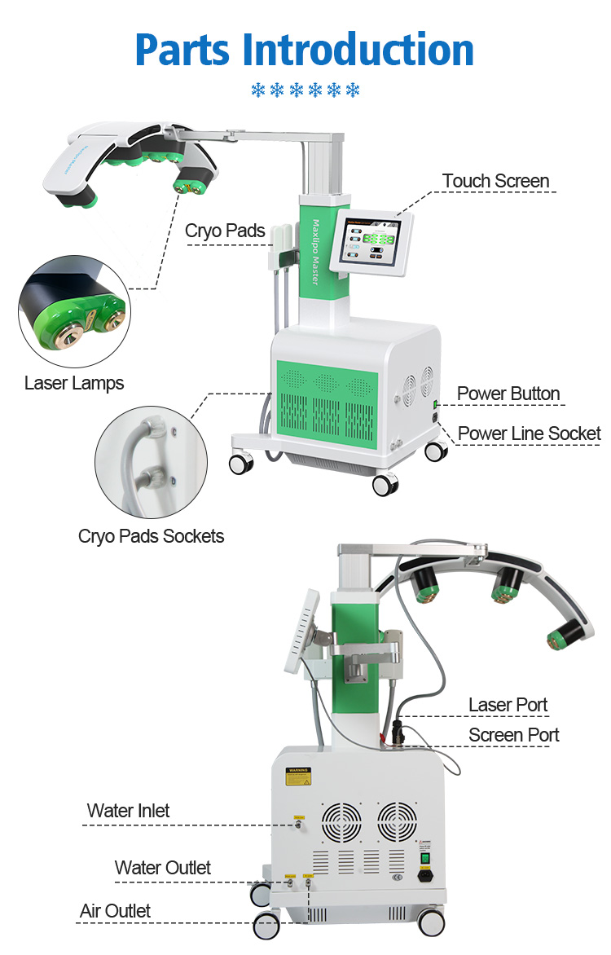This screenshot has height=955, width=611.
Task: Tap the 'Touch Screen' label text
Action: pos(495,181)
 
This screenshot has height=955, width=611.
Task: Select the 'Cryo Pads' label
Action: pos(225,231)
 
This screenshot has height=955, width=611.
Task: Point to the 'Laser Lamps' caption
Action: pos(74,382)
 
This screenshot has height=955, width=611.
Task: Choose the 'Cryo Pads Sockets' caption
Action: pos(151,535)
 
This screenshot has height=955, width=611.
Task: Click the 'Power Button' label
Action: pos(508,394)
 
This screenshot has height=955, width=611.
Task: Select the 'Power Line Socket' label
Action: pos(529,433)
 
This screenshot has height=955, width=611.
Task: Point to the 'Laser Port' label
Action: pos(508,705)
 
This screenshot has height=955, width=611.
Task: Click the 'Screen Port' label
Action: pos(513,735)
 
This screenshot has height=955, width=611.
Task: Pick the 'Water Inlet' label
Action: pos(129,811)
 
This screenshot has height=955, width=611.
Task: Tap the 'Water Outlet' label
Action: pos(162,868)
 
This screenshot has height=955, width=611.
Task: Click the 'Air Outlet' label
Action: pos(115,910)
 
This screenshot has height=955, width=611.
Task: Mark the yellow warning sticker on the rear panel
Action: pos(297,776)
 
